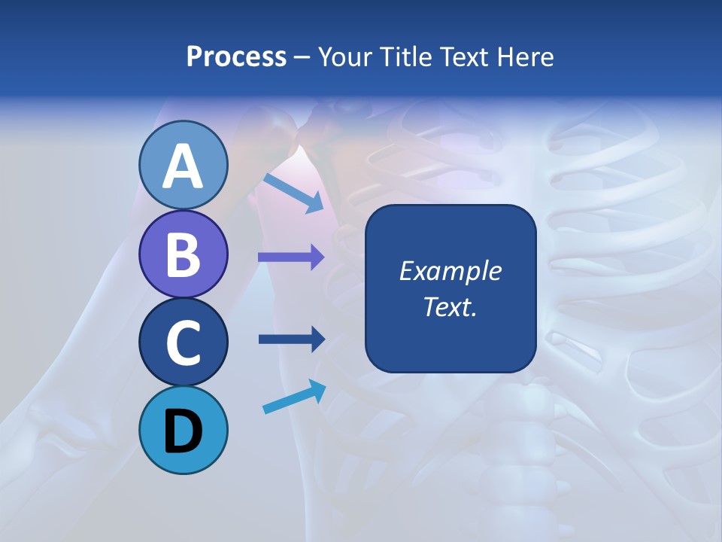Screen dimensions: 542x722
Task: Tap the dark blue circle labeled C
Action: coord(184,343)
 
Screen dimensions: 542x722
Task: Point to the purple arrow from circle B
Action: coord(291,257)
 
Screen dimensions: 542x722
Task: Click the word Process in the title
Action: coord(236,57)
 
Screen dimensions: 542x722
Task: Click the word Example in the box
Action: coord(450,271)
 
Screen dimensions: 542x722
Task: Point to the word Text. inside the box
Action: coord(450,306)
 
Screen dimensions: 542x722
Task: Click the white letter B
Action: coord(184,254)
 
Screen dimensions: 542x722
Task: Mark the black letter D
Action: coord(184,431)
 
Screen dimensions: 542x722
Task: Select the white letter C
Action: coord(184,343)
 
